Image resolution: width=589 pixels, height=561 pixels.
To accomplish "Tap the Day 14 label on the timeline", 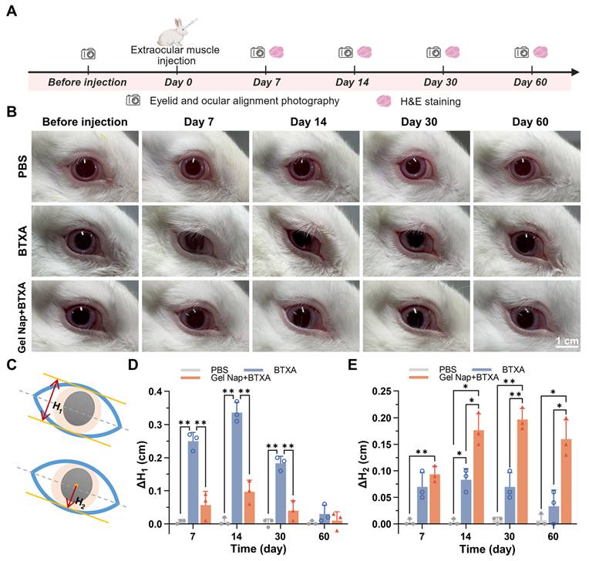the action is (352, 82).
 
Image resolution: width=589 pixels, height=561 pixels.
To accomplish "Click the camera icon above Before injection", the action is (89, 54).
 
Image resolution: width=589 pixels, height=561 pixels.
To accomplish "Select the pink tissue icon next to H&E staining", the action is (384, 101).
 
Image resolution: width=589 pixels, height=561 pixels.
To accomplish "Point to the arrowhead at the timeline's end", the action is (575, 72).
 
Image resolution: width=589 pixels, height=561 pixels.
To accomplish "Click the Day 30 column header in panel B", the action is (419, 122).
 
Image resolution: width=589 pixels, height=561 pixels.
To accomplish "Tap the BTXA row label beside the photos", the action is (22, 240).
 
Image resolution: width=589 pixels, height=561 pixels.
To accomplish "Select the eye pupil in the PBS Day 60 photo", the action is (523, 168).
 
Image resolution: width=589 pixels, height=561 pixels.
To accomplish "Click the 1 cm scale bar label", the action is (567, 341).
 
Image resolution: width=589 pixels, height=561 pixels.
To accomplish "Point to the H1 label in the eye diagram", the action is (58, 406).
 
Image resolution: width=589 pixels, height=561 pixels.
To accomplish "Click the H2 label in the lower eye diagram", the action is (80, 502).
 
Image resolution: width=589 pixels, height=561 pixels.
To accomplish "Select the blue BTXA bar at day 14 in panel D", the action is (237, 468).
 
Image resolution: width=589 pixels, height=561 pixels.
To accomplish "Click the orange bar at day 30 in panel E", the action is (522, 472).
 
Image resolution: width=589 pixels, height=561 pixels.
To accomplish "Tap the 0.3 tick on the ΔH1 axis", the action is (155, 425).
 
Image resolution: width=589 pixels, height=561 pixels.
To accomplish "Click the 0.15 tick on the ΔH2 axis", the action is (382, 444).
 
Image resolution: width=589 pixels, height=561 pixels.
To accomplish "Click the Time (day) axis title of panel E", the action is (486, 549).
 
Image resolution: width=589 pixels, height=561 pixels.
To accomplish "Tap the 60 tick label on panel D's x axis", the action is (324, 536).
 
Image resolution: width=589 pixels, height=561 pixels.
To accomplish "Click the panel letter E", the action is (352, 364).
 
